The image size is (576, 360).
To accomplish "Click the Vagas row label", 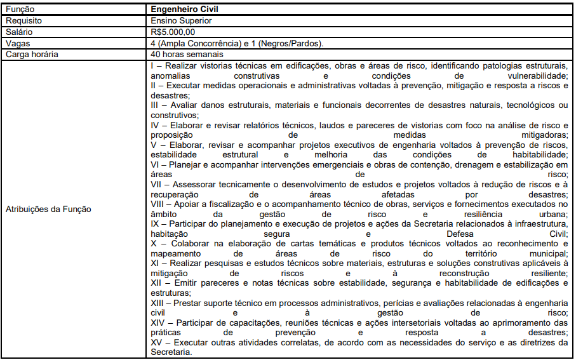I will [18, 43].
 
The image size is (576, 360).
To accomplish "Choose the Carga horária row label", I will [32, 54].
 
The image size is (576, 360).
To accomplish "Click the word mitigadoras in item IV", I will [541, 135].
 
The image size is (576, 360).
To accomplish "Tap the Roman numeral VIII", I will [158, 204].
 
